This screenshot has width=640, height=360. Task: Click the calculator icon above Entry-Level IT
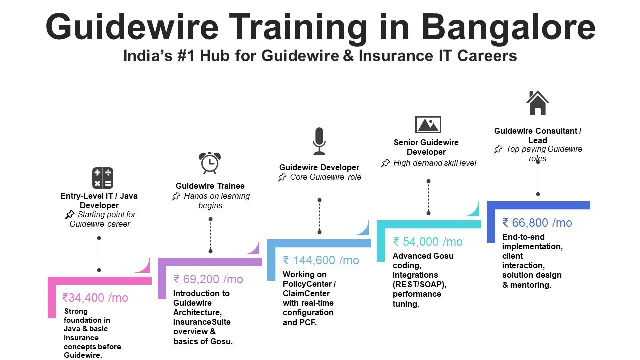[x=103, y=178]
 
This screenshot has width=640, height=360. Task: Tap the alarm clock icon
[x=209, y=163]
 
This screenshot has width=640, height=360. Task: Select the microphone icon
[x=319, y=141]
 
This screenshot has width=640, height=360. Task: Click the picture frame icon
[x=428, y=125]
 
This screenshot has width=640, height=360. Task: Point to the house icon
[x=537, y=103]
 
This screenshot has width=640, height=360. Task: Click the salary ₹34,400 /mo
[x=95, y=298]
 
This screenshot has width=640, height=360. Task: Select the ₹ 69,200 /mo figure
[x=208, y=279]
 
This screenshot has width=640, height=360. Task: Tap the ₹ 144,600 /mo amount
[x=321, y=260]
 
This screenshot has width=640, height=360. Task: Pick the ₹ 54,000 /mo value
[x=428, y=242]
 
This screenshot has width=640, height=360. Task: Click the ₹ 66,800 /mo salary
[x=537, y=223]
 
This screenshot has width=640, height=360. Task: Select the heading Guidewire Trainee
[x=210, y=186]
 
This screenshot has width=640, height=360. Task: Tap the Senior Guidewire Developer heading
[x=426, y=147]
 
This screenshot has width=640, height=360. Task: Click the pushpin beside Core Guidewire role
[x=282, y=177]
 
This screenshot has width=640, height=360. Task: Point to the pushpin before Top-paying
[x=498, y=149]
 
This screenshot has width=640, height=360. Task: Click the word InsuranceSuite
[x=202, y=322]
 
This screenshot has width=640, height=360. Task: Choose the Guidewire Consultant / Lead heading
[x=538, y=136]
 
